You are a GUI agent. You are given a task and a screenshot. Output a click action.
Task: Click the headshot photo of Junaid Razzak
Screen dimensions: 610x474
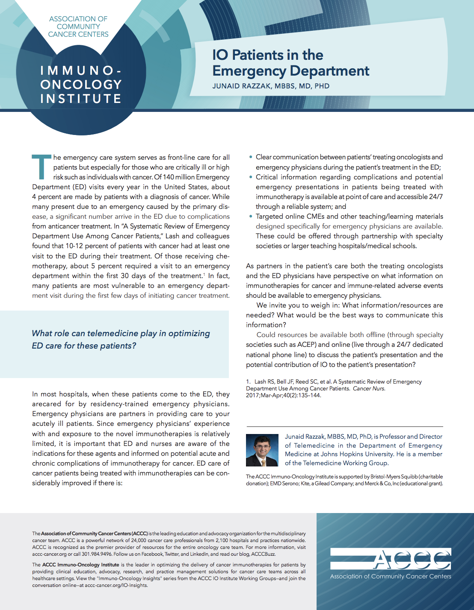coord(262,450)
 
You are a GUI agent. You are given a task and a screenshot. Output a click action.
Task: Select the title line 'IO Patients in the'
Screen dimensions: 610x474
coord(268,55)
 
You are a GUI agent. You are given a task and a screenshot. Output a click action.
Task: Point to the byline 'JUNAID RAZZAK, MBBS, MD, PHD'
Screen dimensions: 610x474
coord(271,86)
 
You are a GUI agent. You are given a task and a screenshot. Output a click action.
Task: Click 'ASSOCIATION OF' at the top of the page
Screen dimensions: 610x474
coord(78,19)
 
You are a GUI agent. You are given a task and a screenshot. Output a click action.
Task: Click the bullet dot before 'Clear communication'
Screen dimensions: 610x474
coord(251,157)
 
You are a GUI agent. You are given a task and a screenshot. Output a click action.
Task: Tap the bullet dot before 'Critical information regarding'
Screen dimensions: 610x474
coord(251,177)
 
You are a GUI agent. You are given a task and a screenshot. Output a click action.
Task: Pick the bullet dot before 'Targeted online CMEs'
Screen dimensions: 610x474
coord(251,217)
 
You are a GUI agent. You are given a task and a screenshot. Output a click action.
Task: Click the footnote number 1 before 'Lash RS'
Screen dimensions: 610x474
coord(248,382)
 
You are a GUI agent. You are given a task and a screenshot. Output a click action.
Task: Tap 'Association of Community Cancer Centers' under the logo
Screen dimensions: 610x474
coord(391,576)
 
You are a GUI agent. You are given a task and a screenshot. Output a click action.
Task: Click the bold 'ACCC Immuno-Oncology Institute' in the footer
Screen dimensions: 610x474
coord(80,565)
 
